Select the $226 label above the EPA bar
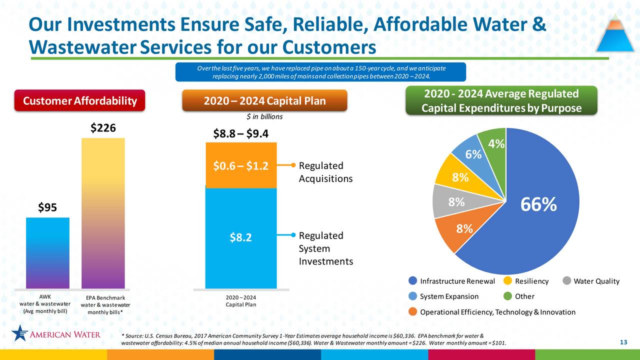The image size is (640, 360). [103, 128]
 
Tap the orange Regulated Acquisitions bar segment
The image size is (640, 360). [240, 165]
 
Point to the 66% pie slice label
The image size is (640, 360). [538, 204]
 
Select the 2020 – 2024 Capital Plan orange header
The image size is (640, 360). [264, 101]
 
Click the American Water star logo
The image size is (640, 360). [20, 333]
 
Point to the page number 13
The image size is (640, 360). [623, 342]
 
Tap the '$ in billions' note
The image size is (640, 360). [265, 117]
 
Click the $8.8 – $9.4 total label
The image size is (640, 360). [240, 133]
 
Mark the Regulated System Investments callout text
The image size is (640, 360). [325, 248]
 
